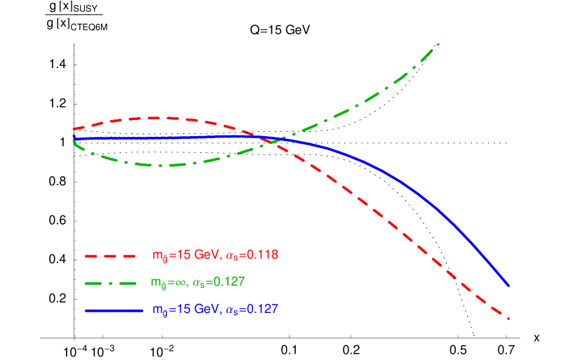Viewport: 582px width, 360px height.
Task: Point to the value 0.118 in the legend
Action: tap(263, 255)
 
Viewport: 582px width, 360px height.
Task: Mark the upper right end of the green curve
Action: tap(439, 44)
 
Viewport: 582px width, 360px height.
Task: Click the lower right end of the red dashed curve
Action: tap(508, 318)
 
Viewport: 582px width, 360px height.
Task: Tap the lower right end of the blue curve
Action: tap(508, 286)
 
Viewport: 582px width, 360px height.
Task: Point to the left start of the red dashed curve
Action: tap(74, 129)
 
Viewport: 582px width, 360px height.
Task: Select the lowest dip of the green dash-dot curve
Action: tap(165, 166)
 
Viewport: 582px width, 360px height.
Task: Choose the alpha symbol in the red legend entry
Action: tap(227, 255)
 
